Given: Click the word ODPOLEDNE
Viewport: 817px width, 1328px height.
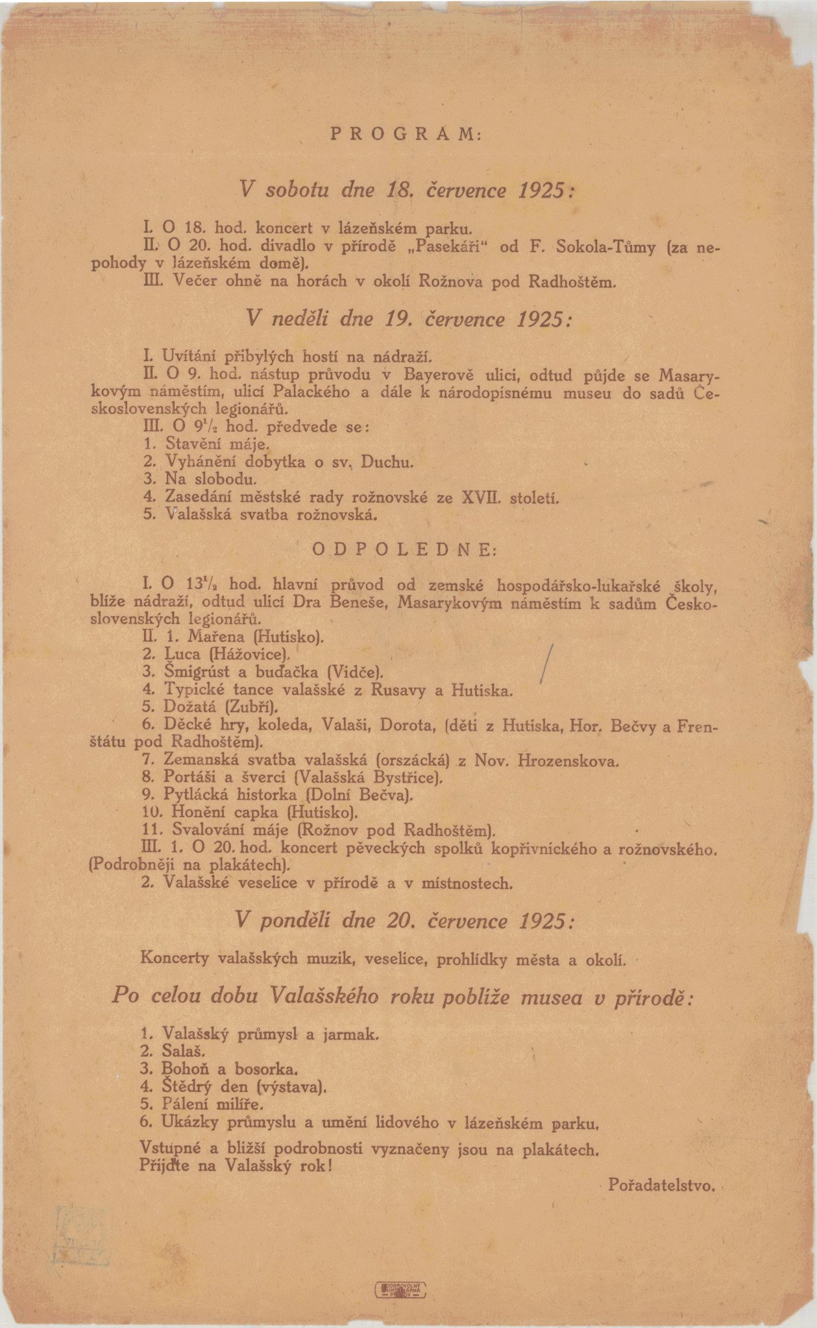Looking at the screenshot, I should pos(404,549).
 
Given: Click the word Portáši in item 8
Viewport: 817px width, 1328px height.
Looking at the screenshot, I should pos(194,777).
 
